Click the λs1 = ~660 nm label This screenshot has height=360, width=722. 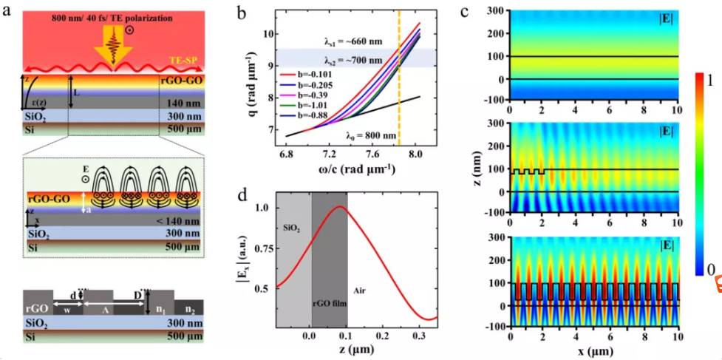click(341, 41)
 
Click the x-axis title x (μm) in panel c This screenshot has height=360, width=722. click(593, 350)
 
